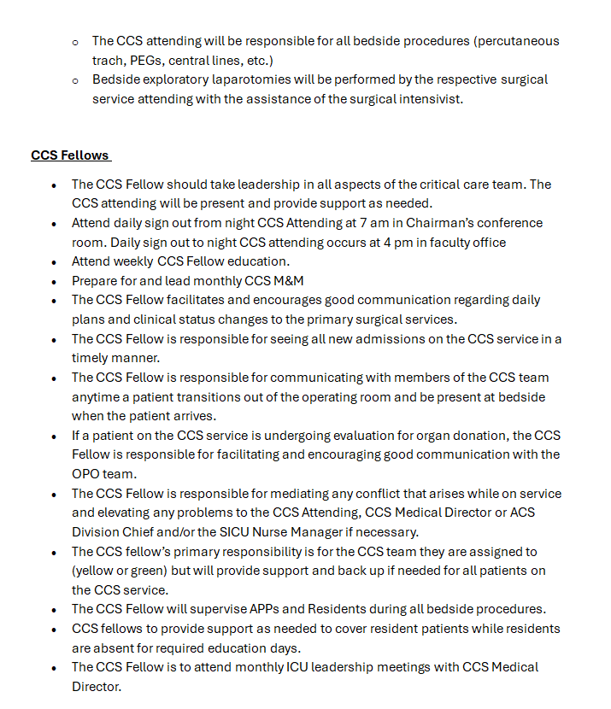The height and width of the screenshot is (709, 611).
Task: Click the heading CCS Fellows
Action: (70, 155)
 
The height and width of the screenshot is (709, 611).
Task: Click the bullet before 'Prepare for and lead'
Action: (54, 281)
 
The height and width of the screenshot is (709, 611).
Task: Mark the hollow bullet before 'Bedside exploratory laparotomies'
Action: (75, 79)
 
